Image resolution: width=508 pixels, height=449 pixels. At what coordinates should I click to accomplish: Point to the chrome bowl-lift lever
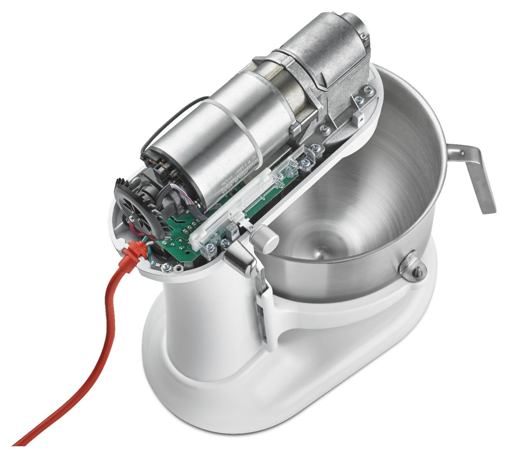(x=241, y=260)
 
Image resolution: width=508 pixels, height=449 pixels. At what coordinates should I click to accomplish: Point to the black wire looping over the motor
(x=167, y=117)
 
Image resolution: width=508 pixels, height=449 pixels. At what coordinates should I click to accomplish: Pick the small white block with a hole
(x=360, y=119)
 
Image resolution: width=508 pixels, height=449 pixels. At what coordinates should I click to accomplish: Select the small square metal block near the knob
(x=231, y=229)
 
